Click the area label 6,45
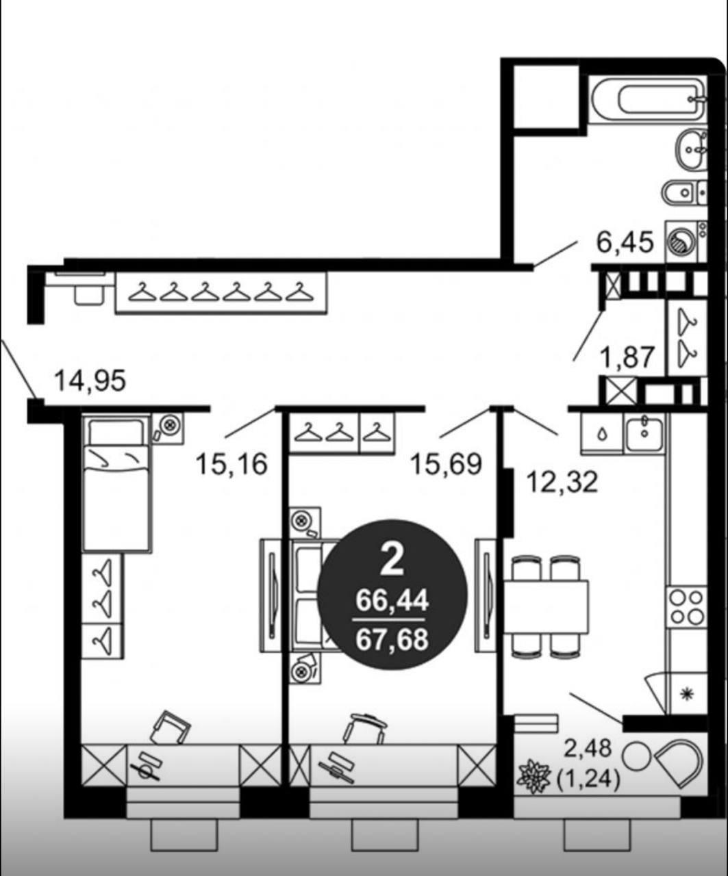(x=625, y=242)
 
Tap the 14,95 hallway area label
(x=90, y=381)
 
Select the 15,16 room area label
(x=231, y=465)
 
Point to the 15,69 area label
(x=447, y=465)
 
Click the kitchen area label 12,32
(x=562, y=482)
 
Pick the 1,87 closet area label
(x=627, y=357)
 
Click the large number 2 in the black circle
(x=392, y=561)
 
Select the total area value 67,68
(x=392, y=640)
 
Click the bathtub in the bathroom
(x=647, y=99)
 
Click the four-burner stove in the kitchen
(x=686, y=606)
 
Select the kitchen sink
(x=645, y=433)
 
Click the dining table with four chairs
(x=546, y=606)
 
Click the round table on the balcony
(x=636, y=756)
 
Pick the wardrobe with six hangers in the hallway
(x=221, y=292)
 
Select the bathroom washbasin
(x=691, y=149)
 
